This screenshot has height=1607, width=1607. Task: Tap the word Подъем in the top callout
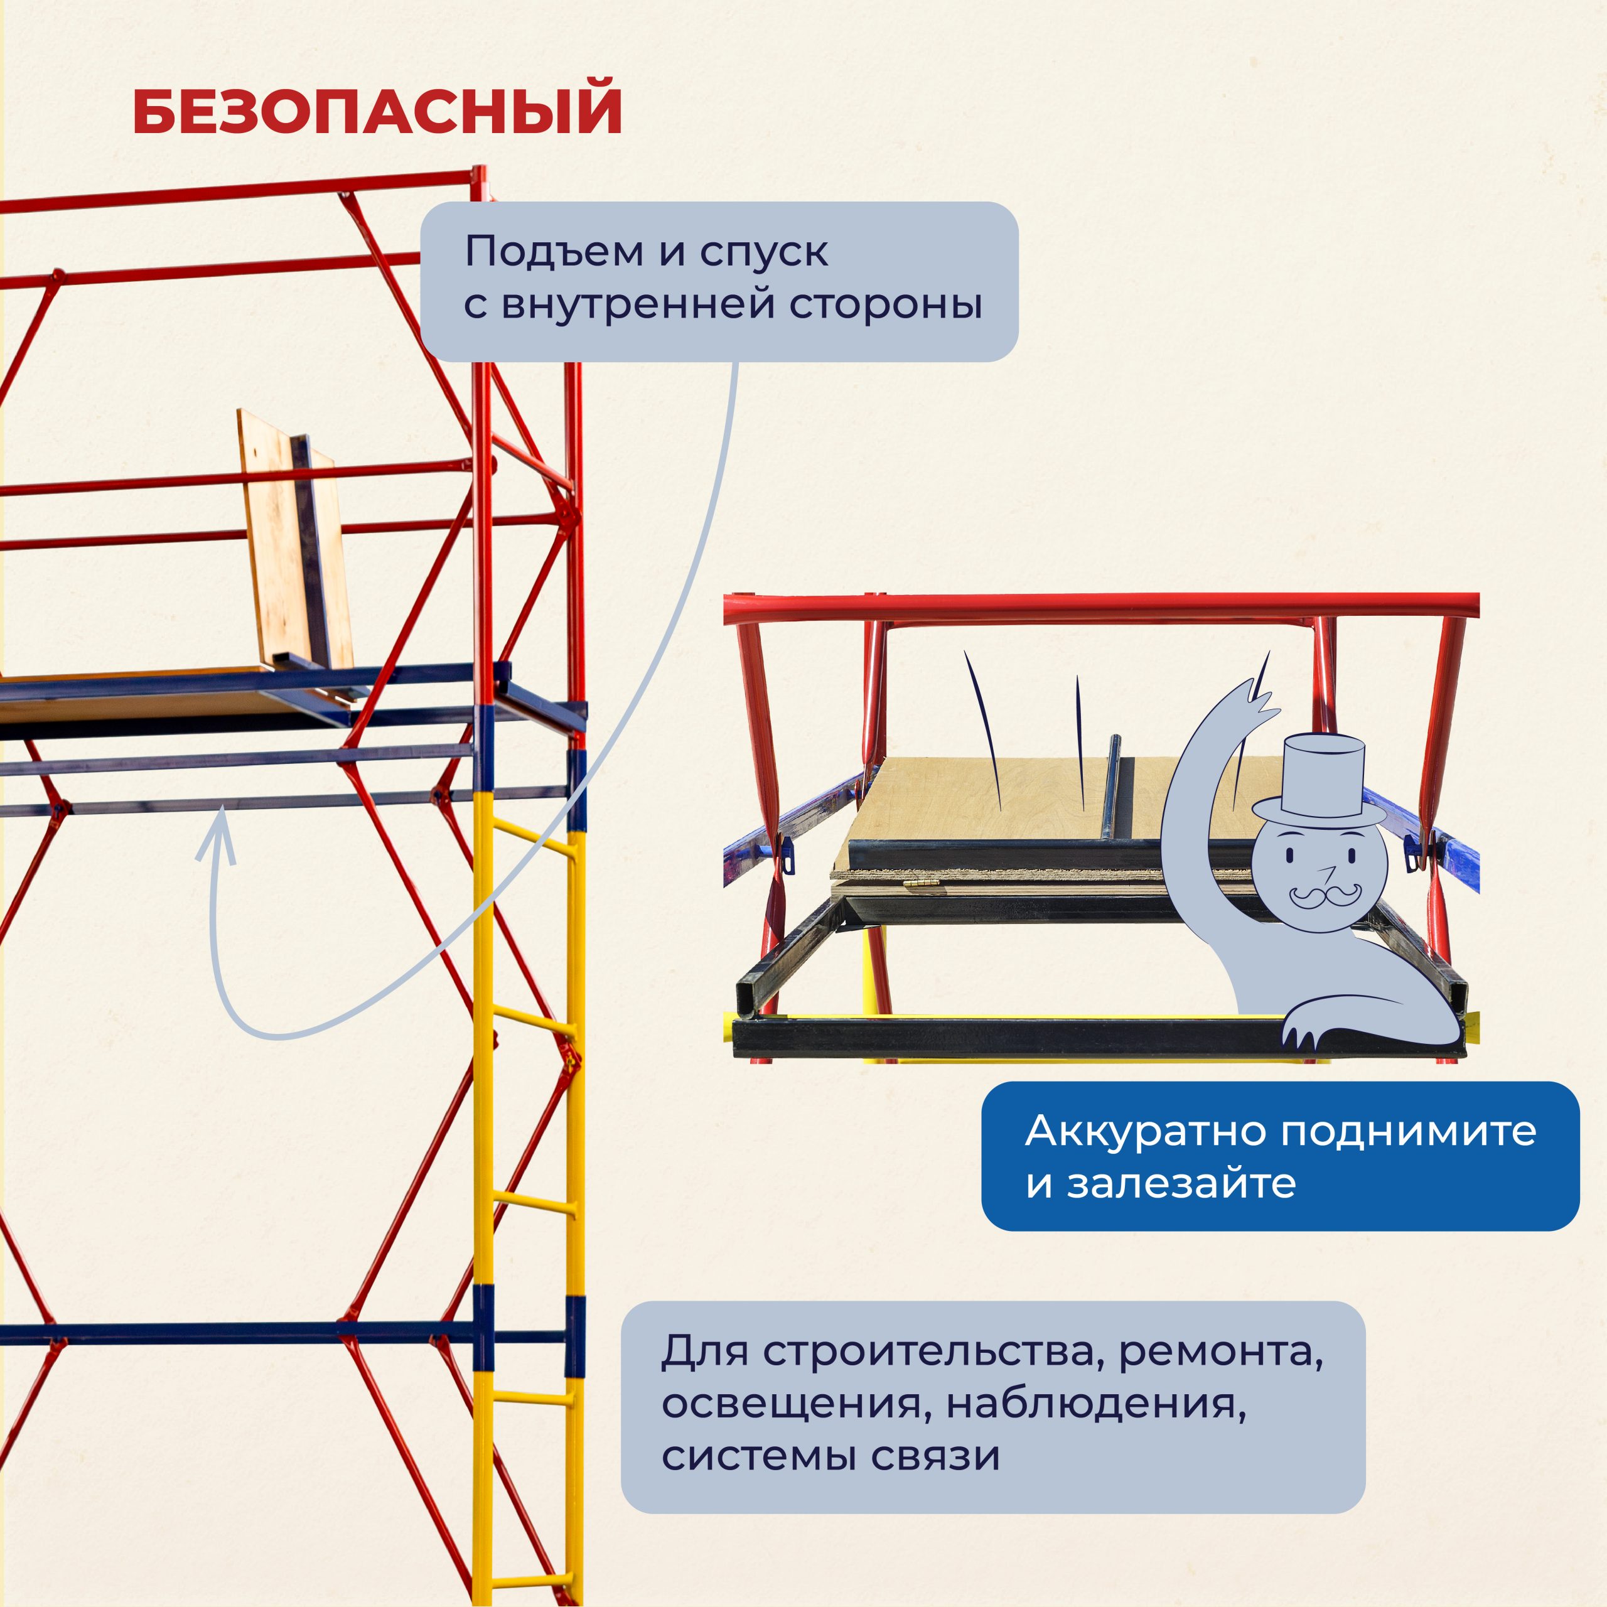[x=552, y=252]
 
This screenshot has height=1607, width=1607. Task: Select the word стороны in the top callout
[x=885, y=304]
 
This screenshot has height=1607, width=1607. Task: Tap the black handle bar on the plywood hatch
[x=1113, y=786]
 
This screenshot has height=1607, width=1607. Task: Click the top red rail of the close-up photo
[x=1098, y=607]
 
